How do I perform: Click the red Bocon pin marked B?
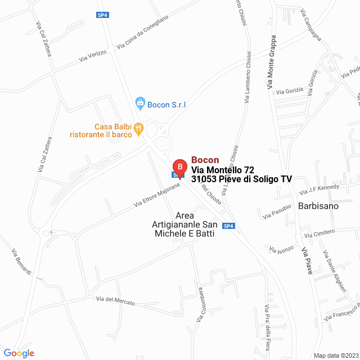179,167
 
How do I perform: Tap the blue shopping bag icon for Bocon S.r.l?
140,103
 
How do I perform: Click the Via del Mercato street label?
115,300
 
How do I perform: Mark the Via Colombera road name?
200,305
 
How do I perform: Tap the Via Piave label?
307,257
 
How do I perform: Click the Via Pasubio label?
277,211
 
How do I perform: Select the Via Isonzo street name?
281,249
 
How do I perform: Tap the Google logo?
19,353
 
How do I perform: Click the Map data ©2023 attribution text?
335,355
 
